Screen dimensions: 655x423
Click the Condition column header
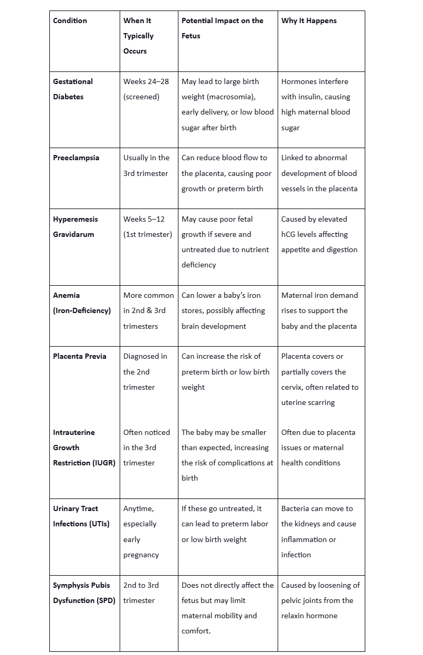(x=70, y=20)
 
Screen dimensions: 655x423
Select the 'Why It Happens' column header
(x=309, y=20)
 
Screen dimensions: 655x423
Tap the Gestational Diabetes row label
(x=72, y=89)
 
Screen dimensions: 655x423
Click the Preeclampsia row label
(x=76, y=158)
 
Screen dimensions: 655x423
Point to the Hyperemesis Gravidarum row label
(x=76, y=226)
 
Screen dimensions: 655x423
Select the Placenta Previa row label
(x=79, y=356)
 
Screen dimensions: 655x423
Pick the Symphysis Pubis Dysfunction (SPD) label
(x=84, y=592)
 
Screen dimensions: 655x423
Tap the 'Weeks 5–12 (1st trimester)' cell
(x=147, y=226)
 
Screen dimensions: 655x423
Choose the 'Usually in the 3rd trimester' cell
(x=146, y=165)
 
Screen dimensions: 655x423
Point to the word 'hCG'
(x=290, y=234)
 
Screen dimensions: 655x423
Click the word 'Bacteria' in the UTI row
(x=295, y=508)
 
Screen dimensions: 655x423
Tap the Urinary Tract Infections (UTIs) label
(x=81, y=516)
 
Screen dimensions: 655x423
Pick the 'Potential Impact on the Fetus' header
(x=222, y=28)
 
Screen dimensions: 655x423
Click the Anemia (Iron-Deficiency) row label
(x=81, y=303)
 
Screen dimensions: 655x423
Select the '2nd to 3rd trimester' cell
(x=141, y=592)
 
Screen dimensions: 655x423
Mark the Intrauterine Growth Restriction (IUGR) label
(x=84, y=448)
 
